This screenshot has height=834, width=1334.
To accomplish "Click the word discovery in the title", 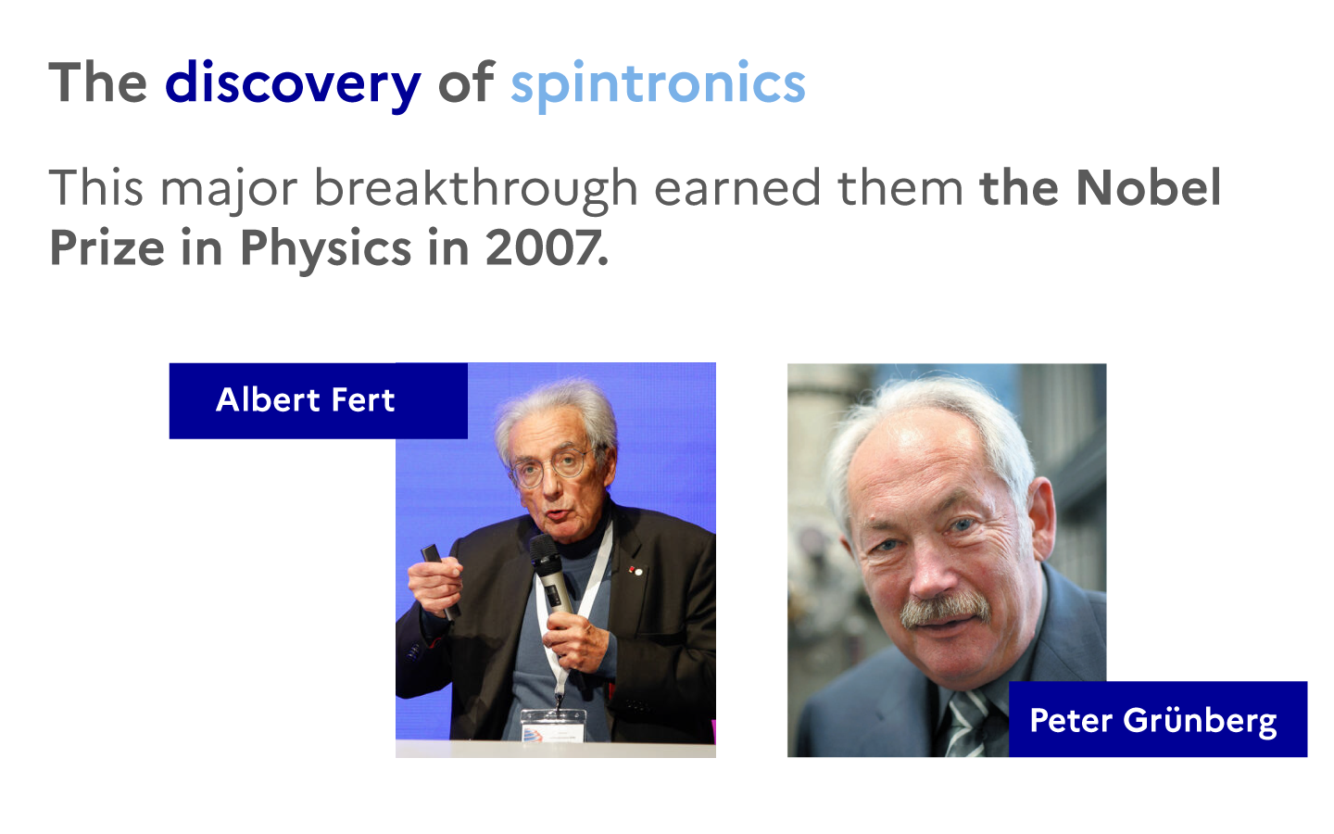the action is (x=293, y=84).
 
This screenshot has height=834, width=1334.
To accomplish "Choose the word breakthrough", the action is (x=476, y=189).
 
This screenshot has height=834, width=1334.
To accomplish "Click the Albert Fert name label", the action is (x=318, y=400).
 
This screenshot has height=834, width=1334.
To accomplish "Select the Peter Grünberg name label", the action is (x=1158, y=719).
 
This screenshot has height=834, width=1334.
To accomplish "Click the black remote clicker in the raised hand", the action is (x=439, y=578).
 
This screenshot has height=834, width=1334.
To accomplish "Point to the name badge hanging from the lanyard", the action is (x=553, y=726).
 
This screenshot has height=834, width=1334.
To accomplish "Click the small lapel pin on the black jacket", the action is (x=636, y=571).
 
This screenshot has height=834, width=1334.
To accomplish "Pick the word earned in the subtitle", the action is (x=737, y=188).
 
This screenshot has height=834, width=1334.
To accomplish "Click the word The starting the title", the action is (x=98, y=82).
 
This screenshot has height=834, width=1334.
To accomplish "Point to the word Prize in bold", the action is (x=107, y=247).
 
